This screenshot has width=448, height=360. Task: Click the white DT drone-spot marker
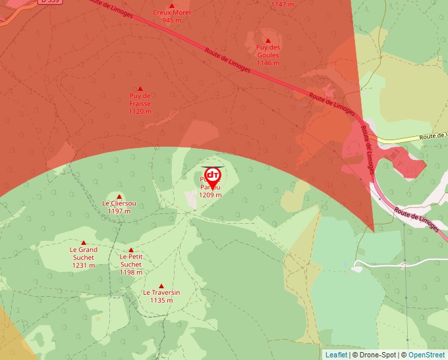click(212, 176)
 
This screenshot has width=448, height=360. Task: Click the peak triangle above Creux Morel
click(172, 5)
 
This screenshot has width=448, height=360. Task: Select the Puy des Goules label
click(268, 51)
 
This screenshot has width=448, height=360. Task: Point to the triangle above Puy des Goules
click(268, 40)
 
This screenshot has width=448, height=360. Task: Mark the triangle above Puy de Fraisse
click(140, 88)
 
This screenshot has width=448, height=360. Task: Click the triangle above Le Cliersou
click(119, 196)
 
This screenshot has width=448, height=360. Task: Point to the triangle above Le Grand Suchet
click(84, 243)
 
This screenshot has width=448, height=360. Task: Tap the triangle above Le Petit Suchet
click(131, 250)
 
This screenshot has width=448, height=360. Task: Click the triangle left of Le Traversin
click(162, 286)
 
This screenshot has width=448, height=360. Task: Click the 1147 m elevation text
click(283, 5)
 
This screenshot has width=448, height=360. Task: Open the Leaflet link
click(336, 355)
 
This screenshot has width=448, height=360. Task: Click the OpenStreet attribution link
click(428, 355)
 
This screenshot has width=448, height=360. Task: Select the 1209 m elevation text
click(210, 195)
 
